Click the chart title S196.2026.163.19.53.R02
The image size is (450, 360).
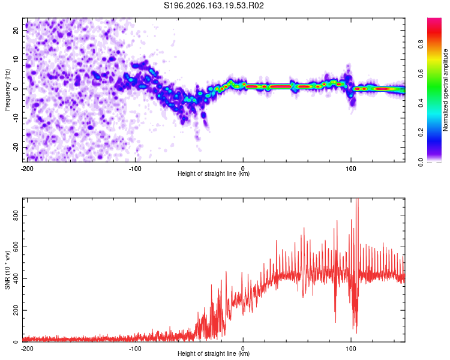(x=214, y=5)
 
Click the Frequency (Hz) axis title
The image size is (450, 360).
(x=7, y=90)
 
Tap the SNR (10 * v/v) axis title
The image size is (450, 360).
(x=7, y=270)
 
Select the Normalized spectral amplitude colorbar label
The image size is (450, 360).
(x=445, y=90)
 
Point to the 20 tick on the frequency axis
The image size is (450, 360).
(x=16, y=30)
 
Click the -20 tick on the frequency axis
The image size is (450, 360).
(x=16, y=148)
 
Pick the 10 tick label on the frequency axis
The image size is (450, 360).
(x=16, y=59)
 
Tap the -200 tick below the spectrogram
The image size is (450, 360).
(x=27, y=169)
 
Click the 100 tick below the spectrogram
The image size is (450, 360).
(x=351, y=169)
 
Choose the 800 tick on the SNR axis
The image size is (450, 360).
(x=16, y=215)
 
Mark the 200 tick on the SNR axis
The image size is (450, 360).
(x=16, y=310)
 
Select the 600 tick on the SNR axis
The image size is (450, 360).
(x=16, y=247)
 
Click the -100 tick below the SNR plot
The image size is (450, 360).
(x=135, y=349)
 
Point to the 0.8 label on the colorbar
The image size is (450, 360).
(x=421, y=44)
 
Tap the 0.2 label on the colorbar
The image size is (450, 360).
(x=421, y=133)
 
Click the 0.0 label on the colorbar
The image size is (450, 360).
(x=421, y=162)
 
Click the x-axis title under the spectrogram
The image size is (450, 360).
(x=214, y=173)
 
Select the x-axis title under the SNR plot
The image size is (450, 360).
(x=214, y=353)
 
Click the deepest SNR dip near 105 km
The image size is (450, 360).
(x=357, y=333)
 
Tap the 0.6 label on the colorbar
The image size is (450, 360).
(x=421, y=74)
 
